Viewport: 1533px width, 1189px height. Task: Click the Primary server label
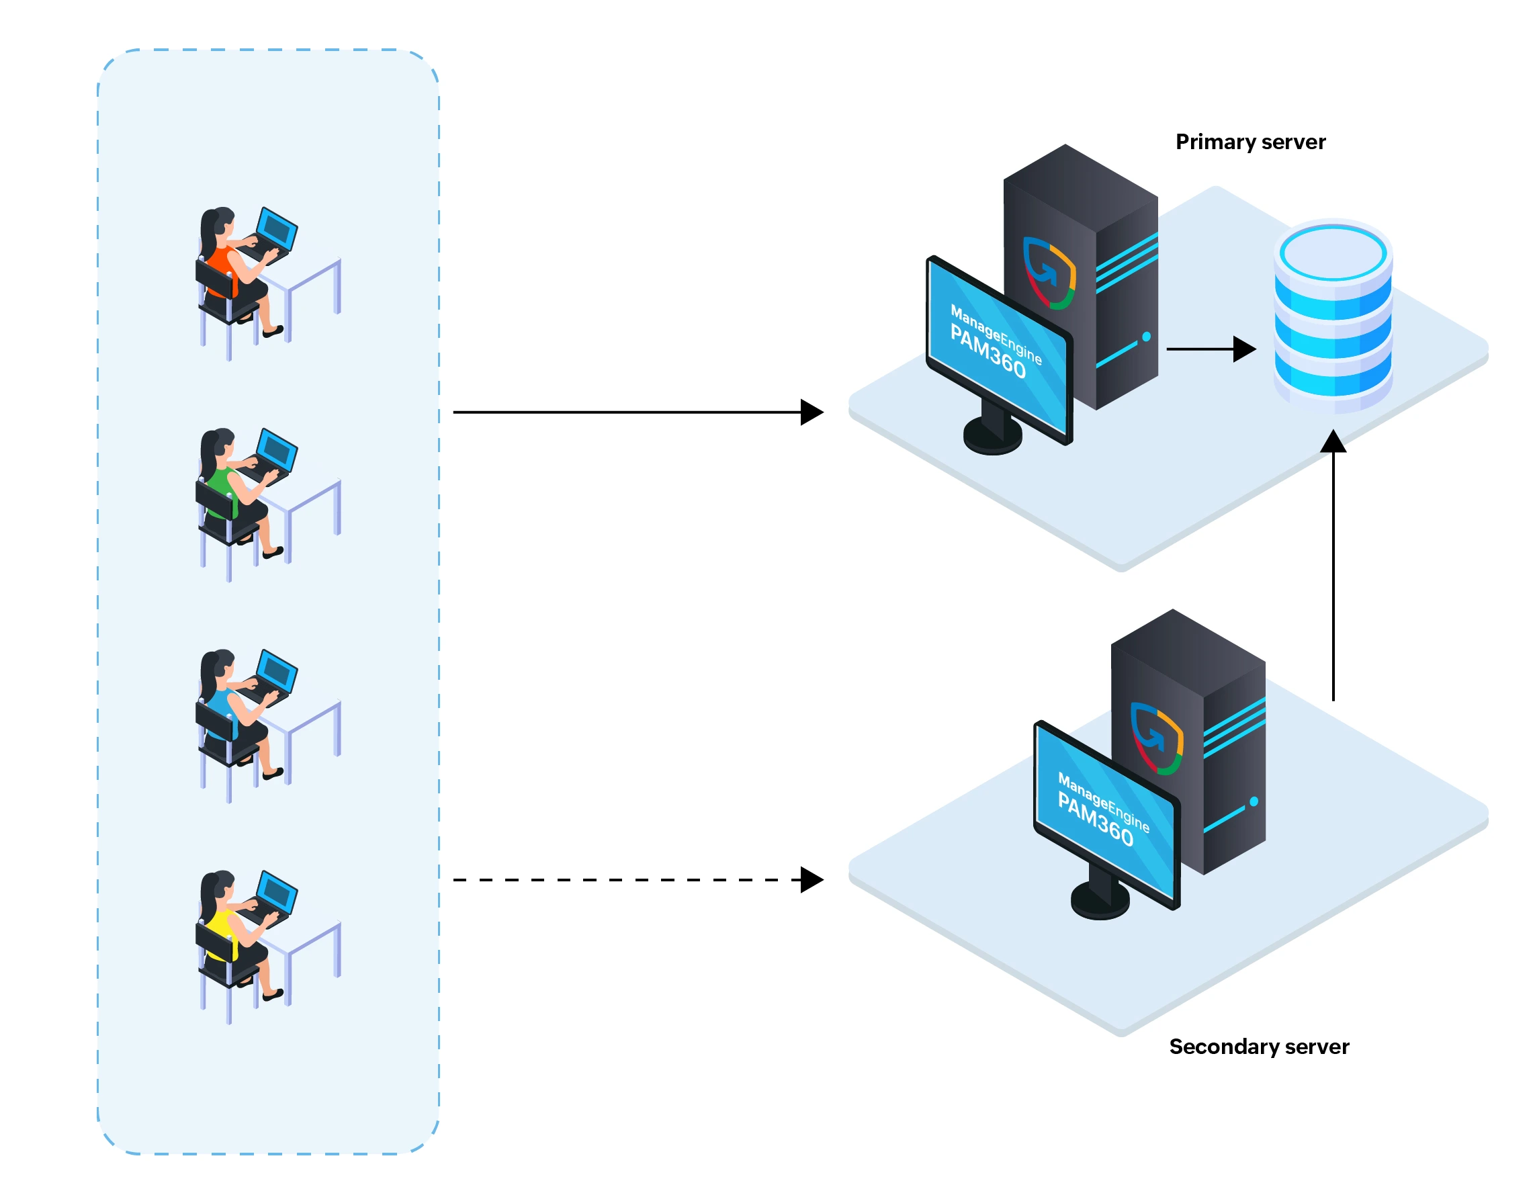[1250, 142]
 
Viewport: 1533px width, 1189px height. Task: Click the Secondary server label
[1258, 1047]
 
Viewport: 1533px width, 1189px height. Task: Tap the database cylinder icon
[1332, 315]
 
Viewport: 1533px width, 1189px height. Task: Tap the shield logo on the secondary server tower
[1156, 738]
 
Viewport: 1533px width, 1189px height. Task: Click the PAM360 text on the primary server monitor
[988, 351]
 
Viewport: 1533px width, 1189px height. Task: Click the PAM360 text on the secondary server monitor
[1095, 818]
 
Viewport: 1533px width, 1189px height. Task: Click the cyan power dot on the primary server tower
[1146, 337]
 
